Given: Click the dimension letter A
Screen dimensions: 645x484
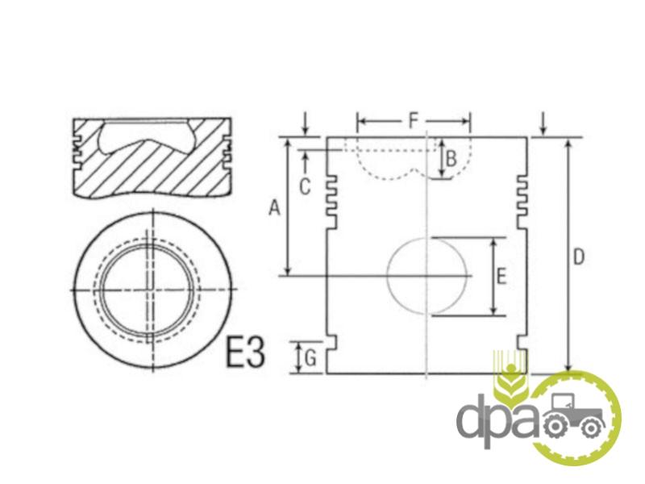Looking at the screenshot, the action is pos(274,207).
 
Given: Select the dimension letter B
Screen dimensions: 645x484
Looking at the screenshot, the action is pos(451,158).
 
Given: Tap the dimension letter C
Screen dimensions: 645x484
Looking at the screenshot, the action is pos(305,187).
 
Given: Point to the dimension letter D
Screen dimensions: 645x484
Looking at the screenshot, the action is pos(579,257).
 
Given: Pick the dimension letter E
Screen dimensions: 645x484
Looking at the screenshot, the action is pos(501,276).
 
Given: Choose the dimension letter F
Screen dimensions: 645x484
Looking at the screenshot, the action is pos(413,120).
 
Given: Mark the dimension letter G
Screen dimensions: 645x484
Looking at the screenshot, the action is pos(310,358).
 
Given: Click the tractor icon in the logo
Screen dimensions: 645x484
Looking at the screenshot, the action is pos(574,415).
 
